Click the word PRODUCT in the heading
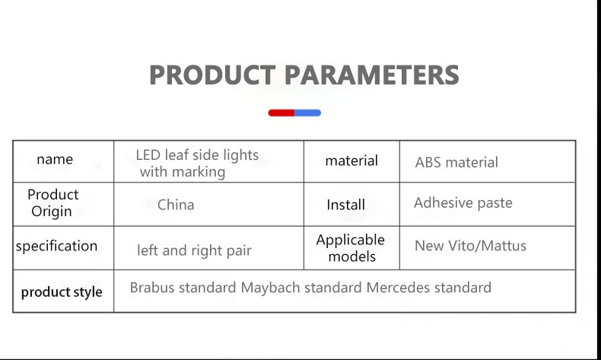point(212,75)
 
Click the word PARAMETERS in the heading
point(372,75)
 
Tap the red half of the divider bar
point(281,113)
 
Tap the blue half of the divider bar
point(308,113)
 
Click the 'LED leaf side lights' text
point(197,155)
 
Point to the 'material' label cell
point(351,161)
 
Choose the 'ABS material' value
point(456,162)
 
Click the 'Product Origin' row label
point(52,202)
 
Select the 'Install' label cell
point(345,205)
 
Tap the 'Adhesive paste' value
point(463,202)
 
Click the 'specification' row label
point(57,246)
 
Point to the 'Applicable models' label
point(351,248)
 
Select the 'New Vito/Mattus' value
point(471,246)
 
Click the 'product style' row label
point(62,292)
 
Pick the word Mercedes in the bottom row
point(398,288)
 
